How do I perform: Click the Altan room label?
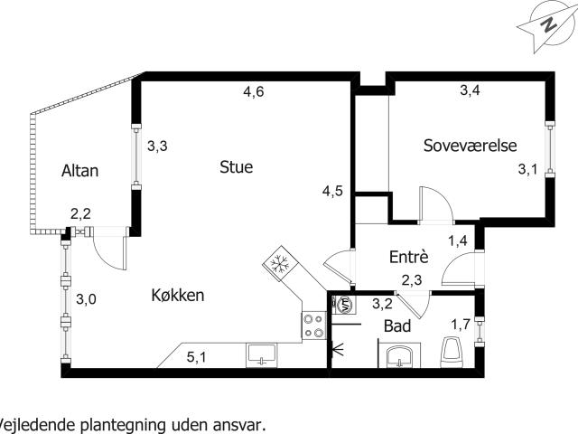coord(79,171)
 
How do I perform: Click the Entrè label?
coord(408,258)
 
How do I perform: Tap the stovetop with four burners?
coord(313,325)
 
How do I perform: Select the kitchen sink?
coord(263,354)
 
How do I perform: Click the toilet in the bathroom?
coord(452,352)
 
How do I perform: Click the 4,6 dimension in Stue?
coord(253,90)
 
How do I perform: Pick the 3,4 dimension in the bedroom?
coord(470,90)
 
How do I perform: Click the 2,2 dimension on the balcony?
coord(80,214)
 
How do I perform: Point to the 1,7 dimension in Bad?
coord(460,325)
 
